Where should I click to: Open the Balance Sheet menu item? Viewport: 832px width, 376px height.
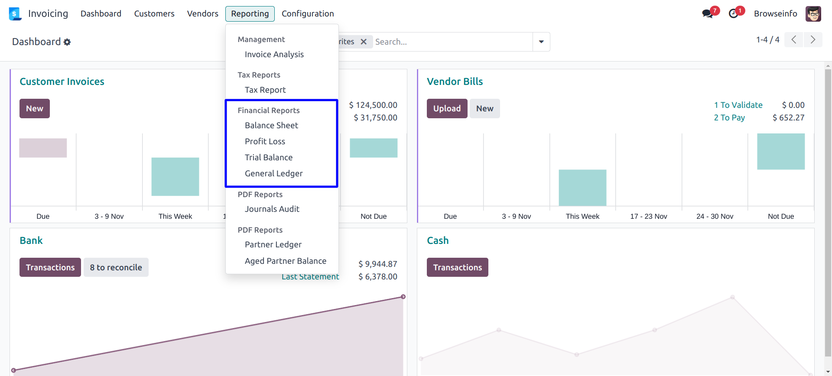[271, 126]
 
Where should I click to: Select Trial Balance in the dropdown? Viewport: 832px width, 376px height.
[268, 158]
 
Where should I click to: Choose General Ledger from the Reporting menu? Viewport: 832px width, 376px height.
[273, 174]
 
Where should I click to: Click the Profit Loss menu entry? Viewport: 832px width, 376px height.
[265, 142]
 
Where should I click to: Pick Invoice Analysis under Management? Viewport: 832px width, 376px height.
[274, 55]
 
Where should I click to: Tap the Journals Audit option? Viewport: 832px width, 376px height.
[272, 209]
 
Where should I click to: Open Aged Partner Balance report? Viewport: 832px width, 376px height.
[285, 261]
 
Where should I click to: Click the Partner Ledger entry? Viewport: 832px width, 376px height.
[273, 245]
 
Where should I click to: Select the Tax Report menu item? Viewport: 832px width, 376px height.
[265, 90]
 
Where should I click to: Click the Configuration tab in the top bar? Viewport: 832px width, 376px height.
[308, 14]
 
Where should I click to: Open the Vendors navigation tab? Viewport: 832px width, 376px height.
[202, 14]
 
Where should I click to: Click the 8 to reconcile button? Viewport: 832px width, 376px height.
[116, 268]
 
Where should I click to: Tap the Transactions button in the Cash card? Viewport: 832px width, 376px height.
[457, 268]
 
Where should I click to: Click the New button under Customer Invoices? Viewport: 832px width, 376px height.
[34, 109]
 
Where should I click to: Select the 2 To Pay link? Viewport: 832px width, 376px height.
[729, 118]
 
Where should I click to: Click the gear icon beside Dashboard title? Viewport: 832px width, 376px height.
[67, 42]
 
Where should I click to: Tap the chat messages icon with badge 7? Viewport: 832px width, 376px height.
[708, 14]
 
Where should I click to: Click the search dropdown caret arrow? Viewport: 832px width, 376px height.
[541, 42]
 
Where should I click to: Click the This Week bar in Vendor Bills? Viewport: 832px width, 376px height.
[582, 188]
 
